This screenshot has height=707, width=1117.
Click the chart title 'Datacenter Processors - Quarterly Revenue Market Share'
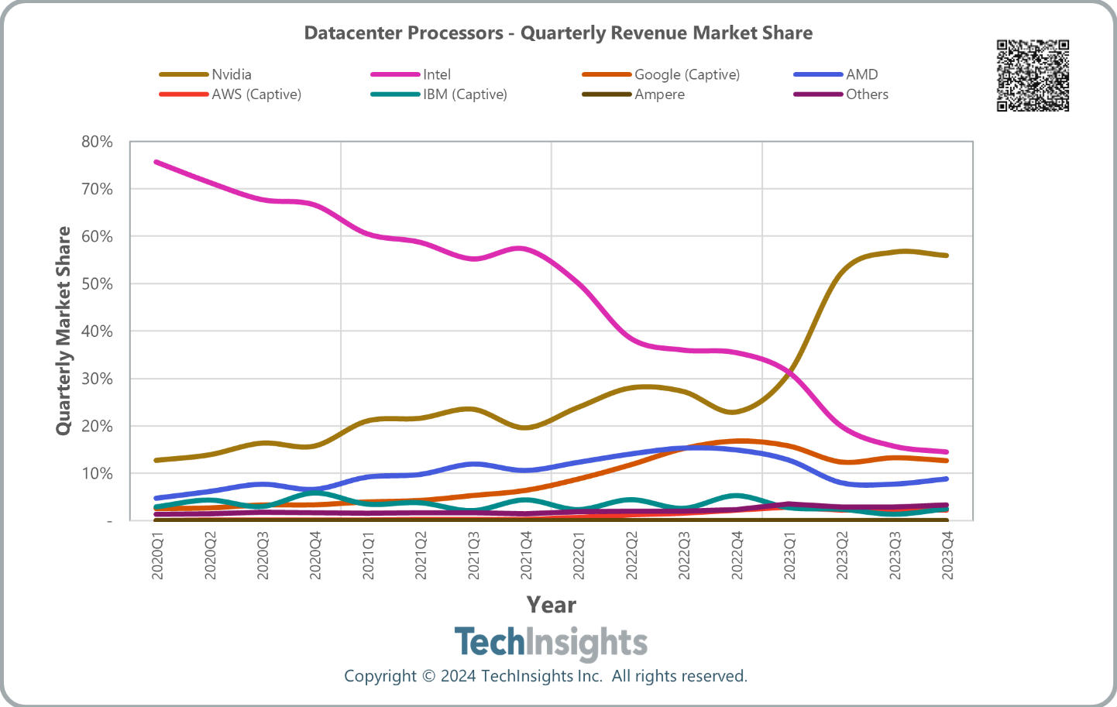[558, 33]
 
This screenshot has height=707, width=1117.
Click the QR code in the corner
[1033, 76]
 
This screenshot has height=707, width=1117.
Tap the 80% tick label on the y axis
[97, 142]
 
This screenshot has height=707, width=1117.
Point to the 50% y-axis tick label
[97, 284]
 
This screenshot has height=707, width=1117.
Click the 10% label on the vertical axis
[97, 473]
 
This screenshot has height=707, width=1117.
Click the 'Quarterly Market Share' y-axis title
[64, 331]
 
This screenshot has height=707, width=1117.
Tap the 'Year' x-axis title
[551, 605]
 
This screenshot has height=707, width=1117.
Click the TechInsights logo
[551, 643]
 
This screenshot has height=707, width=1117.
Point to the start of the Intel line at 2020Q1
[156, 162]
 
